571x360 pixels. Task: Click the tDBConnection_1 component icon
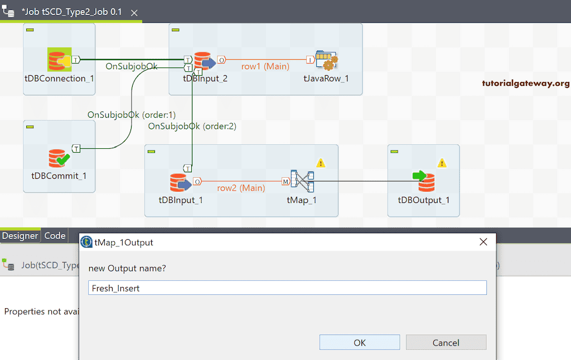point(59,60)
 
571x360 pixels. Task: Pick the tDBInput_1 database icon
point(180,183)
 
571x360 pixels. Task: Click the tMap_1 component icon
point(302,182)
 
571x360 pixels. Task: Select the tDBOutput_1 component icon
point(424,182)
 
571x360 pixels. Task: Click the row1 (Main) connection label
point(265,66)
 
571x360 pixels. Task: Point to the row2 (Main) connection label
point(241,188)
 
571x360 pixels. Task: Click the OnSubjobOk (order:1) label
point(131,115)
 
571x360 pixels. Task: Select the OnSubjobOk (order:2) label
point(192,127)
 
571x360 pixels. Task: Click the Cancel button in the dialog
point(446,342)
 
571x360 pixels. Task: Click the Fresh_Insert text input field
point(287,288)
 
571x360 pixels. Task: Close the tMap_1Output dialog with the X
point(483,242)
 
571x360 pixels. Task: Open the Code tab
point(55,236)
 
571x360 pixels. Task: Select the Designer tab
point(20,236)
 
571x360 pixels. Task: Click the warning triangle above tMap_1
point(321,163)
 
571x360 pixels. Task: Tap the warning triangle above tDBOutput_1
point(442,163)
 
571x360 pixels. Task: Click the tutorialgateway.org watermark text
point(526,84)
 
